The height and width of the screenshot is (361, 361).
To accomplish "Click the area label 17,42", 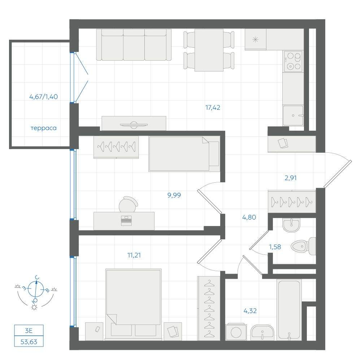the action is [x=213, y=108].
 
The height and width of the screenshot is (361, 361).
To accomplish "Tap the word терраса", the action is [x=44, y=128].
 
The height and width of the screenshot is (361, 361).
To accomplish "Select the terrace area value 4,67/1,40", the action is [x=44, y=97].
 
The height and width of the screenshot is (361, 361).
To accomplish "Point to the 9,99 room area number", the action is [x=174, y=195].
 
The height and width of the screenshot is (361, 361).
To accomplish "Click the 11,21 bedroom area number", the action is [x=134, y=255].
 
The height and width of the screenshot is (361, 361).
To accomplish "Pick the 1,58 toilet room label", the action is [x=275, y=247].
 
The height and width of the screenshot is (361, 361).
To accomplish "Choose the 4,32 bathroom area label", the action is [x=250, y=311].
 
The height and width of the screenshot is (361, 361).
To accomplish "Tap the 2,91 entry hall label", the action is [x=291, y=178].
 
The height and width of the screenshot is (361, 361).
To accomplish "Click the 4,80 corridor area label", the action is [x=249, y=217].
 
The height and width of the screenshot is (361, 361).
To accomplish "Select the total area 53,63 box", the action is [x=29, y=342].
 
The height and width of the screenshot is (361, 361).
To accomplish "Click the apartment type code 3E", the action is [x=29, y=331].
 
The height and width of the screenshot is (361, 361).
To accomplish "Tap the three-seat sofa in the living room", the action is [x=134, y=45].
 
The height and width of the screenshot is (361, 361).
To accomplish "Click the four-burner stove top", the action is [x=293, y=61].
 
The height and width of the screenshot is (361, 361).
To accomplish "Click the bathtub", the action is [x=289, y=310].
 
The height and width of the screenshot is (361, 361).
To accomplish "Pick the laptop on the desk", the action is [x=126, y=221].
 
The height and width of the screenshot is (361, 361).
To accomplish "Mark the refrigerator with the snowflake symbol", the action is [x=255, y=39].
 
